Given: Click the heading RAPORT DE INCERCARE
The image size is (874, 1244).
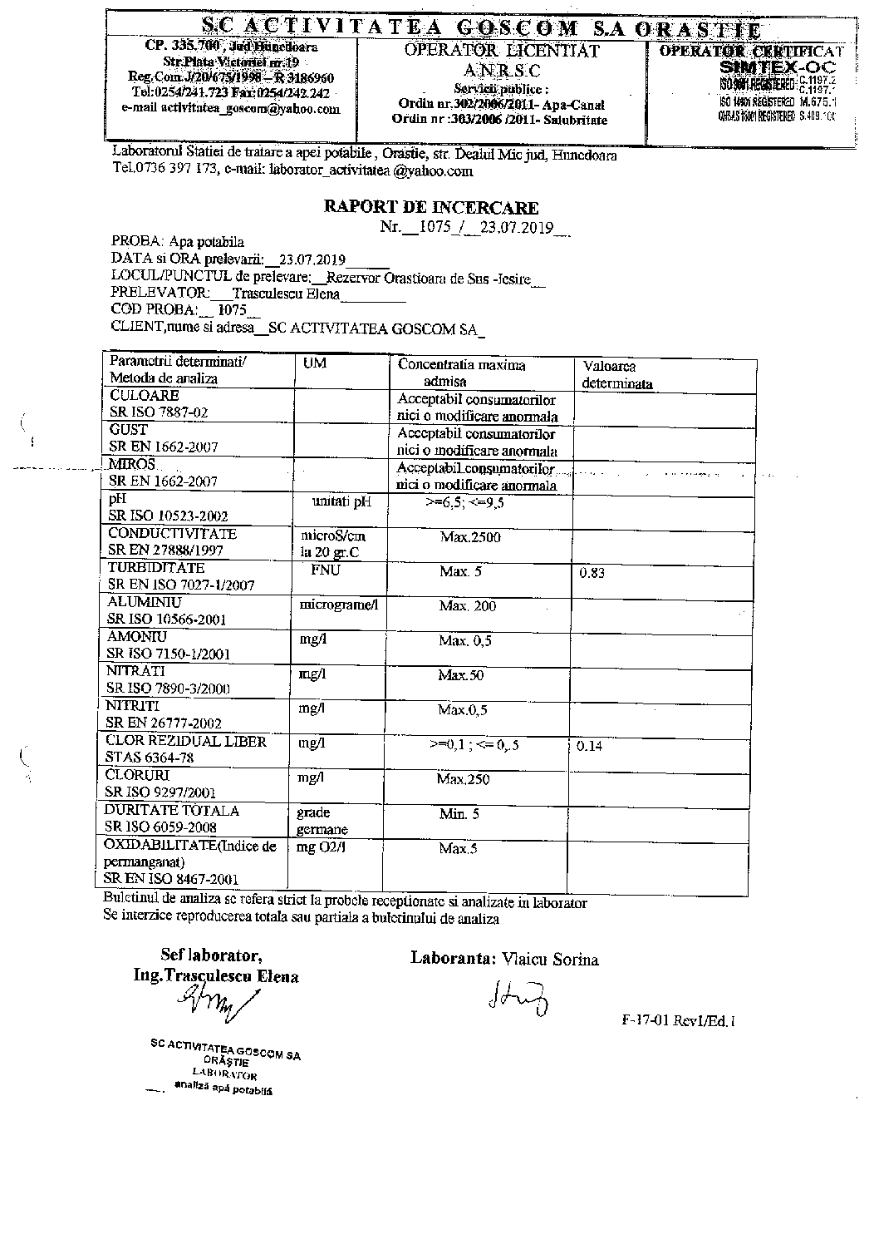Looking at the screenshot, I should [x=431, y=208].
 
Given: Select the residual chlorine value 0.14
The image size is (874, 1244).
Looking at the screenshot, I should [x=589, y=746].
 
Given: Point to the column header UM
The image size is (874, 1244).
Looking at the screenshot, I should [x=315, y=364].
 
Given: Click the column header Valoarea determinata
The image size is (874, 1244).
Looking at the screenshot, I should [x=616, y=375].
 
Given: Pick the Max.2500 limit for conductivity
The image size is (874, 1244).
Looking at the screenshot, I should [x=470, y=537].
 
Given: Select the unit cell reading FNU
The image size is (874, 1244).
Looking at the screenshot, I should [x=325, y=570].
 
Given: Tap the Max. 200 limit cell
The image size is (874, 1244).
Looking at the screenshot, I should [x=467, y=606].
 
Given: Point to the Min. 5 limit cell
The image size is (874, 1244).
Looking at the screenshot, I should [x=459, y=815].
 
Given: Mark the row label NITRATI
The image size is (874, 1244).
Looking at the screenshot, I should [x=135, y=671].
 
